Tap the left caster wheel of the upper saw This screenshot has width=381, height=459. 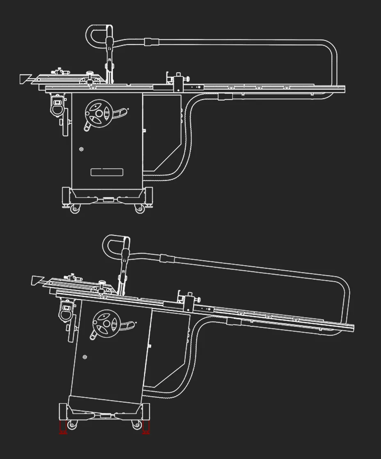(x=74, y=209)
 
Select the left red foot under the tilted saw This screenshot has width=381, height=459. (x=63, y=427)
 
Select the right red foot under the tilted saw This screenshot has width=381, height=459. (x=146, y=427)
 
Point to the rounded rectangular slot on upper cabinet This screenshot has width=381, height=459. (x=107, y=172)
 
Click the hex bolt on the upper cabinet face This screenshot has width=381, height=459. (x=81, y=149)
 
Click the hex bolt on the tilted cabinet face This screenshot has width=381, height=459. (x=85, y=356)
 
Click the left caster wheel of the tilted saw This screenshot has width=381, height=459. (x=72, y=425)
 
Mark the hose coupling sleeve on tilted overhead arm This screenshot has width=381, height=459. (x=167, y=258)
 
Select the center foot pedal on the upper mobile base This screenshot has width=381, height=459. (x=108, y=199)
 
